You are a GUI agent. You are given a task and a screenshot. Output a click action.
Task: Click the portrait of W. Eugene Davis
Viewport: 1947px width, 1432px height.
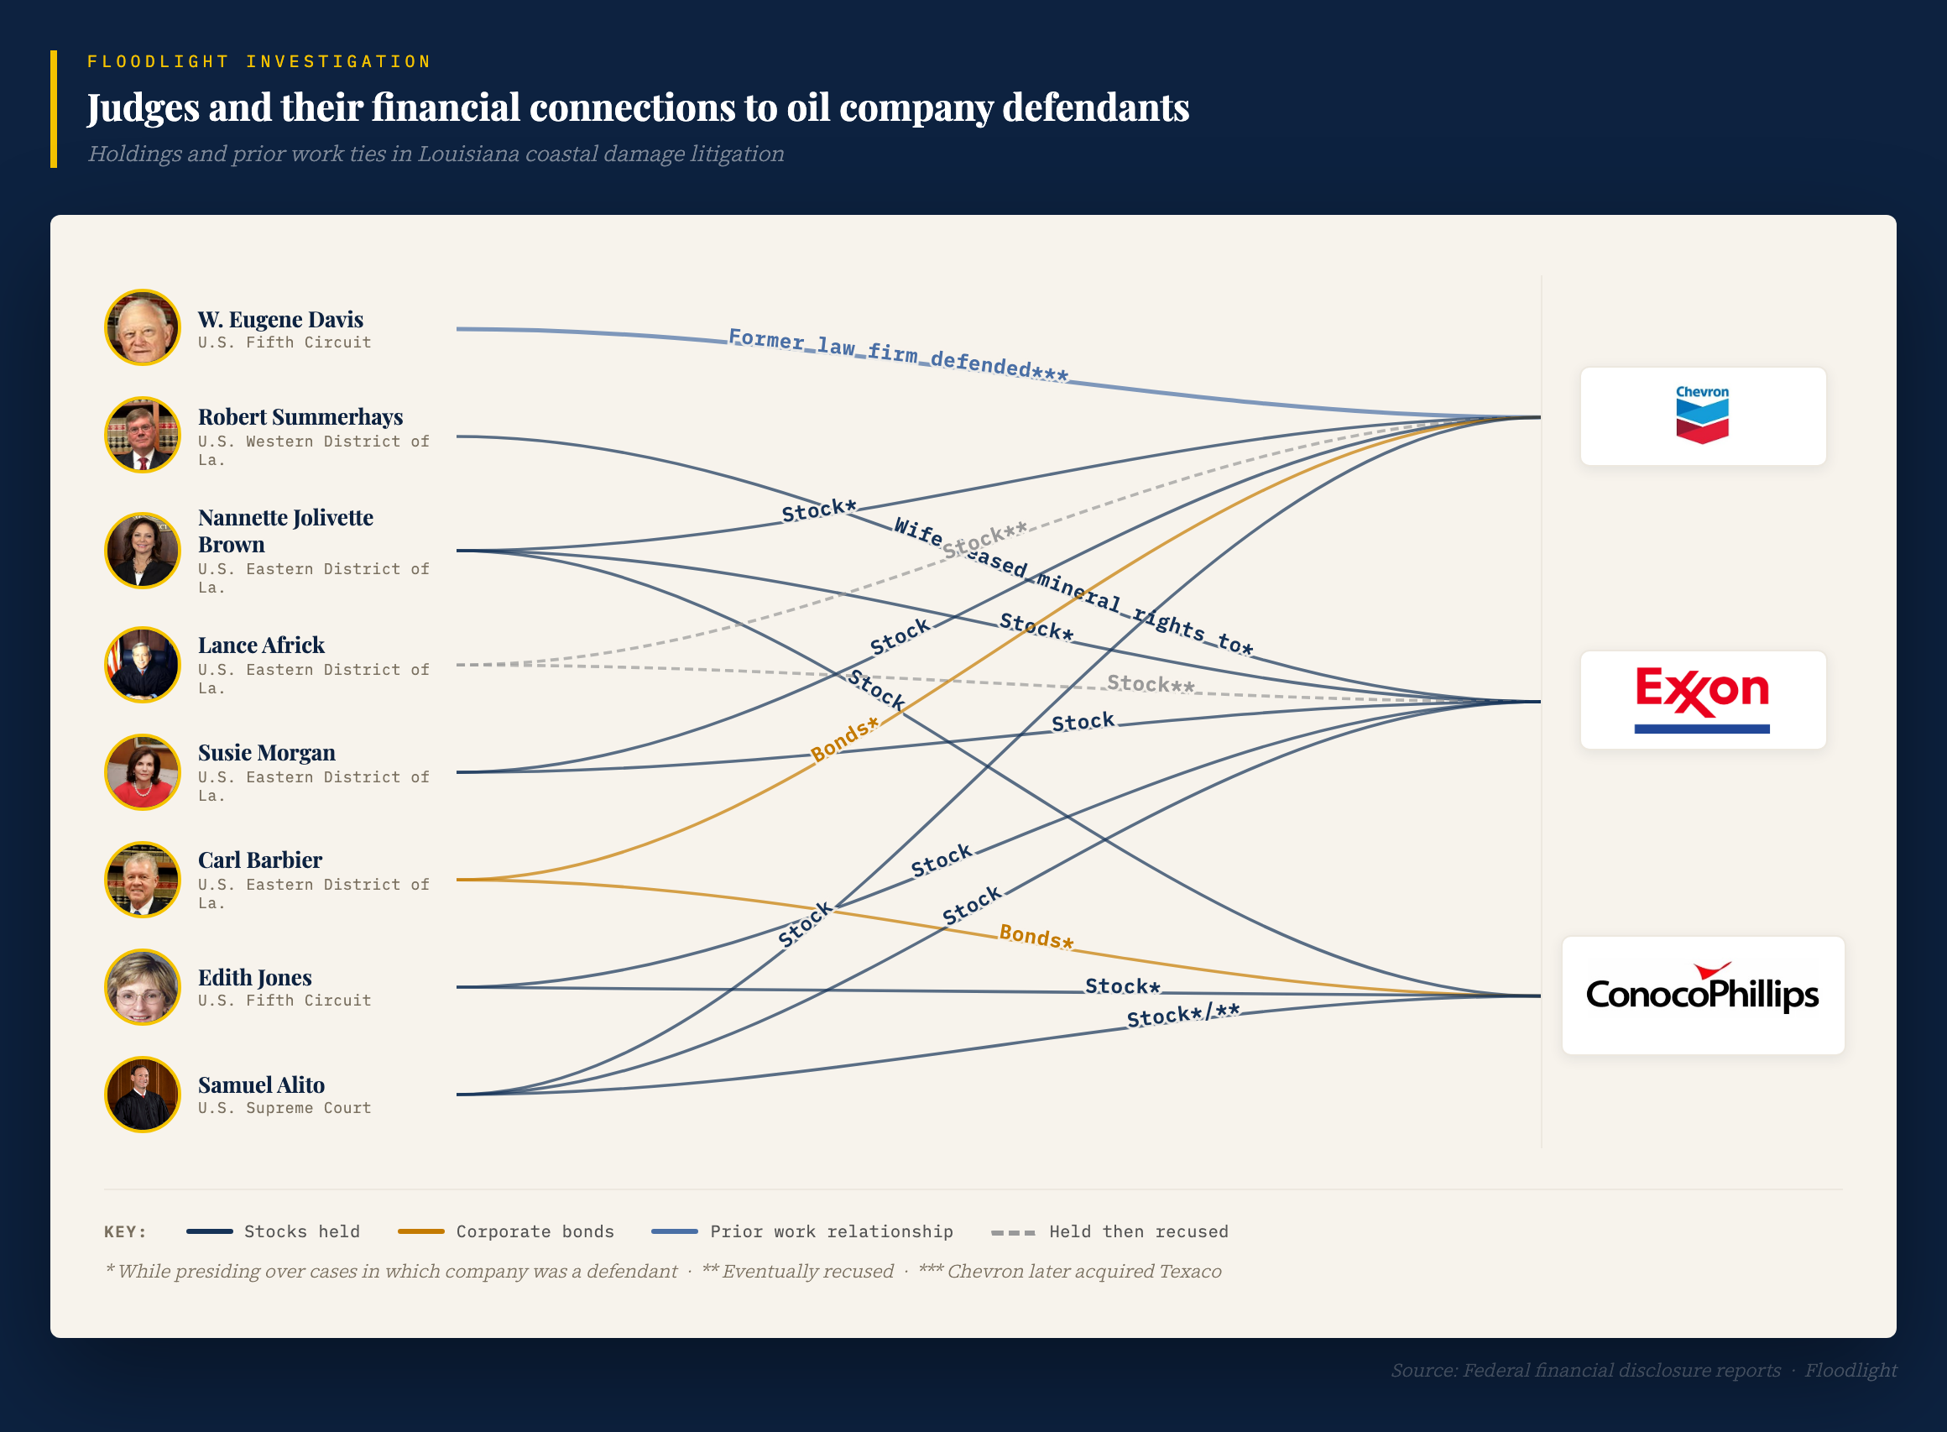[x=142, y=327]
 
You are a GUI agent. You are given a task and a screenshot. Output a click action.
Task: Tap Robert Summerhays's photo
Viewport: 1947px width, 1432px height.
[x=142, y=435]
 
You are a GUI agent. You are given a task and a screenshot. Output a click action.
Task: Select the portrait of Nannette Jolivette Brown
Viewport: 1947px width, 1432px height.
[x=142, y=551]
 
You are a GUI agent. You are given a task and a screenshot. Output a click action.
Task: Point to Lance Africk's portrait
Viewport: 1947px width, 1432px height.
[x=142, y=665]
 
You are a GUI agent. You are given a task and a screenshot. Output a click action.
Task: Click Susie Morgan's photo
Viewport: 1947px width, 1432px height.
[x=142, y=772]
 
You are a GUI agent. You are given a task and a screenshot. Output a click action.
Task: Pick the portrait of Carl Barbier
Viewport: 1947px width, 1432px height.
[x=142, y=880]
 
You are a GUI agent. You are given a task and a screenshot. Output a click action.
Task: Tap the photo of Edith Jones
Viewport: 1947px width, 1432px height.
[x=142, y=987]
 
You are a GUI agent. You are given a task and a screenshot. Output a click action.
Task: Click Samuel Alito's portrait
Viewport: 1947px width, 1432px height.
[x=142, y=1095]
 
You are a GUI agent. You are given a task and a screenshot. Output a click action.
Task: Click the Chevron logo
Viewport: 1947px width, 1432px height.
[x=1702, y=416]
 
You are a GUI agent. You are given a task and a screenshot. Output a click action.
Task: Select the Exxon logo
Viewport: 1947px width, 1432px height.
[x=1702, y=699]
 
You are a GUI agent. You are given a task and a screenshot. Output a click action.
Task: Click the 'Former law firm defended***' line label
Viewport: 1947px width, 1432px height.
[x=898, y=354]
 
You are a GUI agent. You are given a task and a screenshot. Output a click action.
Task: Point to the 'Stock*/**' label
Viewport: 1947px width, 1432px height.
[x=1182, y=1015]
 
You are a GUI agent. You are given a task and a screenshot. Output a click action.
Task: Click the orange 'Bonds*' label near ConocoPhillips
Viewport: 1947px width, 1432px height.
[x=1036, y=937]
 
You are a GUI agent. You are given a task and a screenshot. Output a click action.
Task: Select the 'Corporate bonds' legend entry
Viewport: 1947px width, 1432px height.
[x=506, y=1231]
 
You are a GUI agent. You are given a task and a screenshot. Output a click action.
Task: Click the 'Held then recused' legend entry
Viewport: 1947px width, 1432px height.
[x=1110, y=1231]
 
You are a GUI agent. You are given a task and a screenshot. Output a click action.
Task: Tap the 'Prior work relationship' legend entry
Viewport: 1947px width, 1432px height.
[x=801, y=1231]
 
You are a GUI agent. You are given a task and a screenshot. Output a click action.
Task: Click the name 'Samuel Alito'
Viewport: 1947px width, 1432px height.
[x=261, y=1084]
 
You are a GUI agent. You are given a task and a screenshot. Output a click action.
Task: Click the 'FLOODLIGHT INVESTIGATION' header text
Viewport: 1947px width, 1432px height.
[x=259, y=61]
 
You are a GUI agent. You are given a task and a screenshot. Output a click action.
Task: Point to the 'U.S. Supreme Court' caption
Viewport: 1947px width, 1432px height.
[x=284, y=1108]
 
